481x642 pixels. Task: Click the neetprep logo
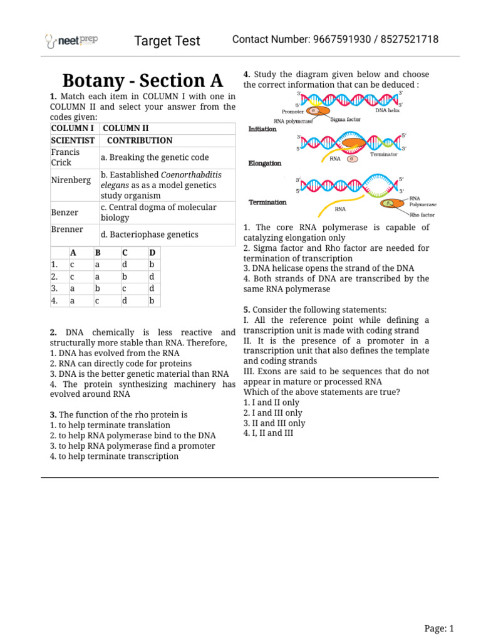point(71,41)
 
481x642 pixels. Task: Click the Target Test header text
point(167,41)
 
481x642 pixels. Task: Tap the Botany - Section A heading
point(142,81)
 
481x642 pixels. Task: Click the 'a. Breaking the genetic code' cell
point(155,157)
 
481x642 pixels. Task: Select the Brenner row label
point(66,229)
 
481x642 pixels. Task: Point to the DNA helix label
point(387,110)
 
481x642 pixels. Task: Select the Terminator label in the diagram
point(383,154)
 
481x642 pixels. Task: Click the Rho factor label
point(422,214)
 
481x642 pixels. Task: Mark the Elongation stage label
point(265,163)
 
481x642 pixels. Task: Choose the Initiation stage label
point(262,129)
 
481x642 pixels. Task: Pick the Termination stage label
point(267,203)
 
